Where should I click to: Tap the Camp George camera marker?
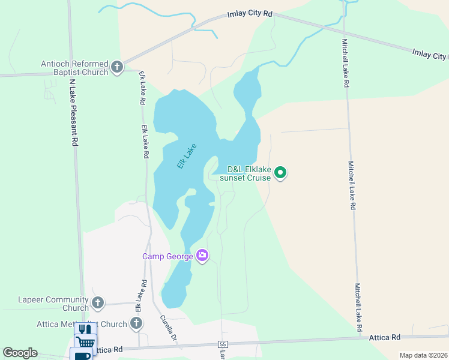tap(202, 256)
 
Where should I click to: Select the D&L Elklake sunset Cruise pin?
tap(280, 173)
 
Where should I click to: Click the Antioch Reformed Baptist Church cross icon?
tap(117, 66)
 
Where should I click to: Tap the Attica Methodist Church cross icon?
tap(136, 324)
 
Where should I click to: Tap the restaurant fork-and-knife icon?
tap(85, 329)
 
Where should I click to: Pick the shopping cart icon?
tap(85, 342)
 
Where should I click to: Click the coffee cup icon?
tap(82, 355)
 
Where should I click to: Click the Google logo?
tap(20, 353)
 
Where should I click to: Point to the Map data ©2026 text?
tap(423, 355)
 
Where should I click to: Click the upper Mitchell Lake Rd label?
tap(345, 63)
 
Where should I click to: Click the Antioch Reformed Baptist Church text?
tap(74, 68)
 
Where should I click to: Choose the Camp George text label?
tap(167, 256)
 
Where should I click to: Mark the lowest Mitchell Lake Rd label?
tap(359, 307)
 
